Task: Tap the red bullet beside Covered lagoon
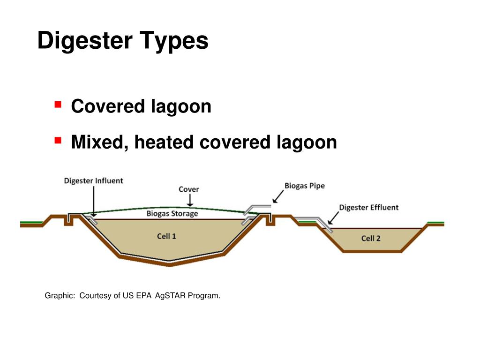point(59,104)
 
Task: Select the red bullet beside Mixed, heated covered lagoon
point(59,140)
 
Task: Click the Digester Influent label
point(93,180)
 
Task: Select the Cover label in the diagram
point(188,189)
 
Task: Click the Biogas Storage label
point(172,214)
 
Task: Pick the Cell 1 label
point(166,236)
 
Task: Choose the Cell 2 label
point(371,238)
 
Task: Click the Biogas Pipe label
point(304,186)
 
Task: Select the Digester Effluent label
point(368,207)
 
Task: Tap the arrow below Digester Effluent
point(334,218)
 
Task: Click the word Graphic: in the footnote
point(60,296)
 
